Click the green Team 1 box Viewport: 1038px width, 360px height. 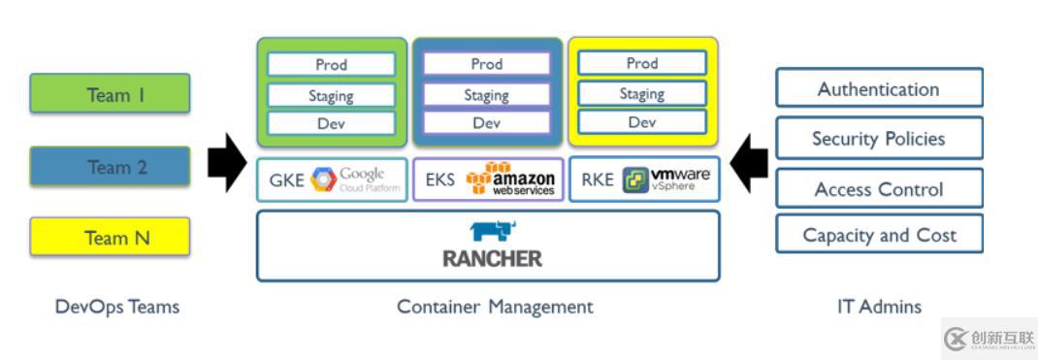pyautogui.click(x=110, y=94)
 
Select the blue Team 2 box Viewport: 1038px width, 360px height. pyautogui.click(x=110, y=167)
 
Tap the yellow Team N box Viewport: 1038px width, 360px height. pyautogui.click(x=110, y=238)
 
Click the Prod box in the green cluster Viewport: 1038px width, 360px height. pyautogui.click(x=332, y=64)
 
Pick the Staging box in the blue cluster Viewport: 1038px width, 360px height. pyautogui.click(x=486, y=95)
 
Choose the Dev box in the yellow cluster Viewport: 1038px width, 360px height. pyautogui.click(x=642, y=122)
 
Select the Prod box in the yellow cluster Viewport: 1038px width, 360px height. pyautogui.click(x=642, y=63)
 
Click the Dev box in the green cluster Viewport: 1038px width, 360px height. pyautogui.click(x=332, y=123)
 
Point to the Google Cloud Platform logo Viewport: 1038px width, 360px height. pyautogui.click(x=355, y=180)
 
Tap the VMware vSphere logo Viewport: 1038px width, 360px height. pyautogui.click(x=667, y=180)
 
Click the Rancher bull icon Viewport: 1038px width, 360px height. pyautogui.click(x=493, y=231)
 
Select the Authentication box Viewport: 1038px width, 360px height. pyautogui.click(x=879, y=88)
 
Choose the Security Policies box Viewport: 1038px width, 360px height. pyautogui.click(x=879, y=138)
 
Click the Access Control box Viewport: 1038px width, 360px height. pyautogui.click(x=879, y=188)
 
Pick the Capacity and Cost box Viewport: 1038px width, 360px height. pyautogui.click(x=879, y=235)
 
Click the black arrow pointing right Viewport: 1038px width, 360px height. pyautogui.click(x=228, y=163)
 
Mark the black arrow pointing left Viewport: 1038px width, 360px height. pyautogui.click(x=748, y=163)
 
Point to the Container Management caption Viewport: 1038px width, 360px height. pyautogui.click(x=495, y=307)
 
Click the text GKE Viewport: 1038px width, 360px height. pyautogui.click(x=286, y=180)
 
